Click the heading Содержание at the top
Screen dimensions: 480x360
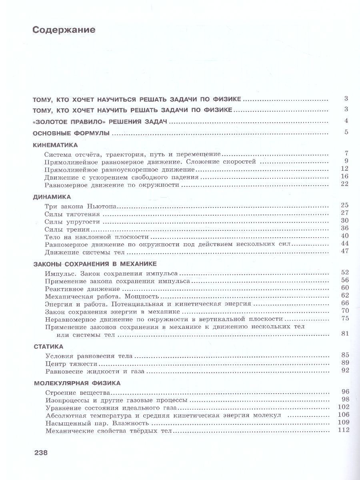pos(64,30)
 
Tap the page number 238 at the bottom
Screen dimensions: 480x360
pos(41,453)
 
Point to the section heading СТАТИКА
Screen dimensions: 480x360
pos(48,346)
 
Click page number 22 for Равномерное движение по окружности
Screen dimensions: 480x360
pos(345,184)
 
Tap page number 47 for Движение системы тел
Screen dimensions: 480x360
pos(345,251)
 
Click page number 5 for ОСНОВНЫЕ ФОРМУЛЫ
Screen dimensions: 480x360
pos(347,132)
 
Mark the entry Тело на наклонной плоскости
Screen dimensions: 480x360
pos(87,236)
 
